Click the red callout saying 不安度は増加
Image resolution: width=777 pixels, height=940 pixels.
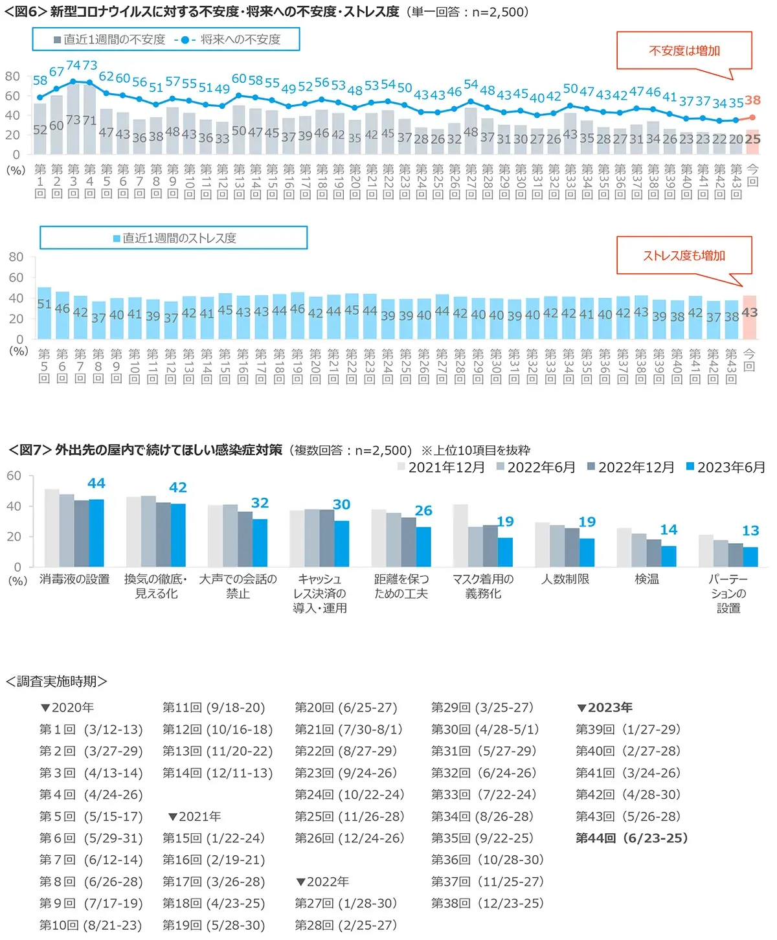click(684, 50)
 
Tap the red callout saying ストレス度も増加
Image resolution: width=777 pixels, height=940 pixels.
click(684, 255)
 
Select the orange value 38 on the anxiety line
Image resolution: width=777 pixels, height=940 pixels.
click(752, 100)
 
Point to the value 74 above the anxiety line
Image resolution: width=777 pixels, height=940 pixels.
click(73, 66)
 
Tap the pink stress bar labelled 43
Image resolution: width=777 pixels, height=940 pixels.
click(749, 317)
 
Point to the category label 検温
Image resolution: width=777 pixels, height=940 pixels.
click(646, 579)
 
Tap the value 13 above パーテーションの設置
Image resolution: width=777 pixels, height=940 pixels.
click(750, 531)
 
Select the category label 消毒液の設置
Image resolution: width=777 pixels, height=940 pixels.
click(74, 579)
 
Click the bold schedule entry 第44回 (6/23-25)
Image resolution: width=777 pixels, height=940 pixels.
click(631, 838)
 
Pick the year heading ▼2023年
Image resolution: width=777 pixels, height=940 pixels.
click(605, 708)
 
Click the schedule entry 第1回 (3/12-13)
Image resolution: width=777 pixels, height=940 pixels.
click(91, 730)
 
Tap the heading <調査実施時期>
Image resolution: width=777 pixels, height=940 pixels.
click(56, 682)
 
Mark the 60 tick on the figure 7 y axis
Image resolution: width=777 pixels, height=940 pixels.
click(14, 476)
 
